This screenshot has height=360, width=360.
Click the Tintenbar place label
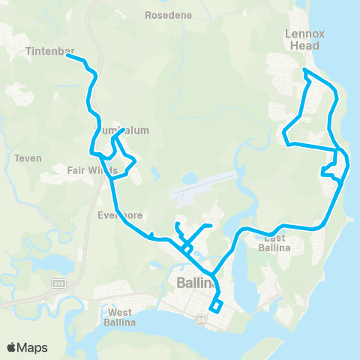point(49,52)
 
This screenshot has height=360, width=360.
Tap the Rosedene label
point(168,15)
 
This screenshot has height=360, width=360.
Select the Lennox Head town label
point(302,39)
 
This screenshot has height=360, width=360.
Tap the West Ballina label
point(120,316)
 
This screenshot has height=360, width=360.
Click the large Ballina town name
point(196,283)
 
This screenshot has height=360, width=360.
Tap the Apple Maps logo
point(27,347)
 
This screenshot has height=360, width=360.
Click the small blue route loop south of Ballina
point(216,306)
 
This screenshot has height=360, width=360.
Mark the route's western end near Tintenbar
point(70,59)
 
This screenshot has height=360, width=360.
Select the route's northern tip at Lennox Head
point(304,70)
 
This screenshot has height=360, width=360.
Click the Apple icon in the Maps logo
point(12,346)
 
